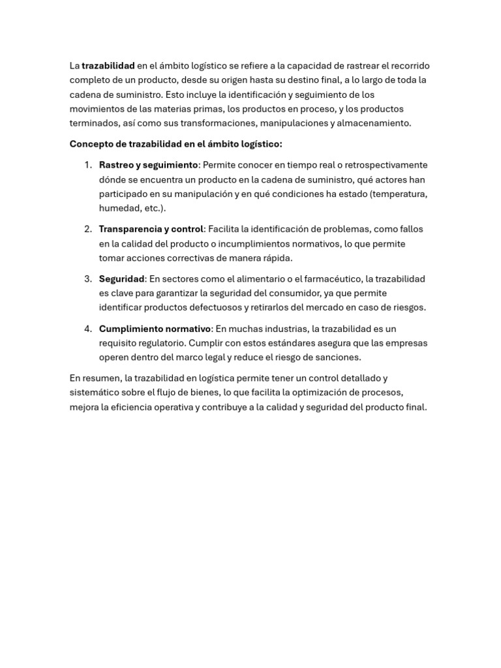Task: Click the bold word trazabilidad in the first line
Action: [108, 66]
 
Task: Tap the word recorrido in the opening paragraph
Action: [410, 66]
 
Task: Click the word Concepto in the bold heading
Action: [91, 144]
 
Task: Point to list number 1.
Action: [88, 165]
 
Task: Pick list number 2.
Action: [88, 229]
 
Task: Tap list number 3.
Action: [88, 279]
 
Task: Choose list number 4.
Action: [88, 329]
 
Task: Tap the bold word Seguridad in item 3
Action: [121, 279]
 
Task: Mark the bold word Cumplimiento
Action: [129, 329]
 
